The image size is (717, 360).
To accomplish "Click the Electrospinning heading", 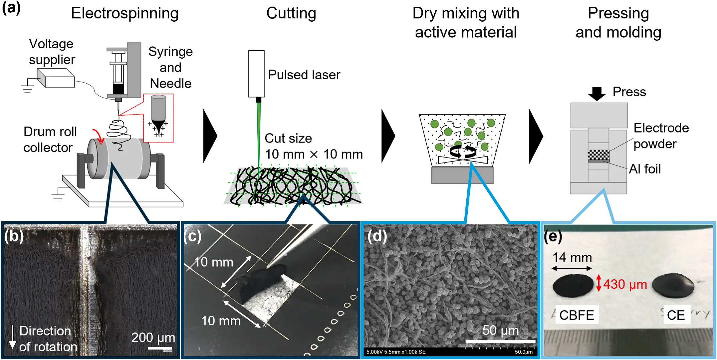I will point(125,14).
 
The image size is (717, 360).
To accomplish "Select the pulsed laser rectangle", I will point(256,74).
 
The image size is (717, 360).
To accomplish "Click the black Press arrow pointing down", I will point(597,94).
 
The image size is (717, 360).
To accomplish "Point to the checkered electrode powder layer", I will point(598,155).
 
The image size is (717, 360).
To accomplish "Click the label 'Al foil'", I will point(645,169).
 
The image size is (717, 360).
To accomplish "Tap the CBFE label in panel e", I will point(577,315).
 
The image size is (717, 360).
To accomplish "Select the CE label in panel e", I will point(676,315).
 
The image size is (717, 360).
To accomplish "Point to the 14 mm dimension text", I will point(572,257).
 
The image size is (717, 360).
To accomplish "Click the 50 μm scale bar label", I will point(501,330).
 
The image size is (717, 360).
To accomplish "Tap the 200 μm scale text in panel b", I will point(153,338).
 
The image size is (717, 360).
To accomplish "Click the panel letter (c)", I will point(193,236).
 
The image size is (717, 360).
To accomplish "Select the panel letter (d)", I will point(377,236).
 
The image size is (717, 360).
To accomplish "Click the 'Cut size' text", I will point(288,139).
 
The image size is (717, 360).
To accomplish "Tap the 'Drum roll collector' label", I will point(50,140).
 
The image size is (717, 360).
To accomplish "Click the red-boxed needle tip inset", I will point(158,118).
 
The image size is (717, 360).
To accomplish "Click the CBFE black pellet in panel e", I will point(573,286).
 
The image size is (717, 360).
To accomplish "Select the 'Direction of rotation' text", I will point(47,339).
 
